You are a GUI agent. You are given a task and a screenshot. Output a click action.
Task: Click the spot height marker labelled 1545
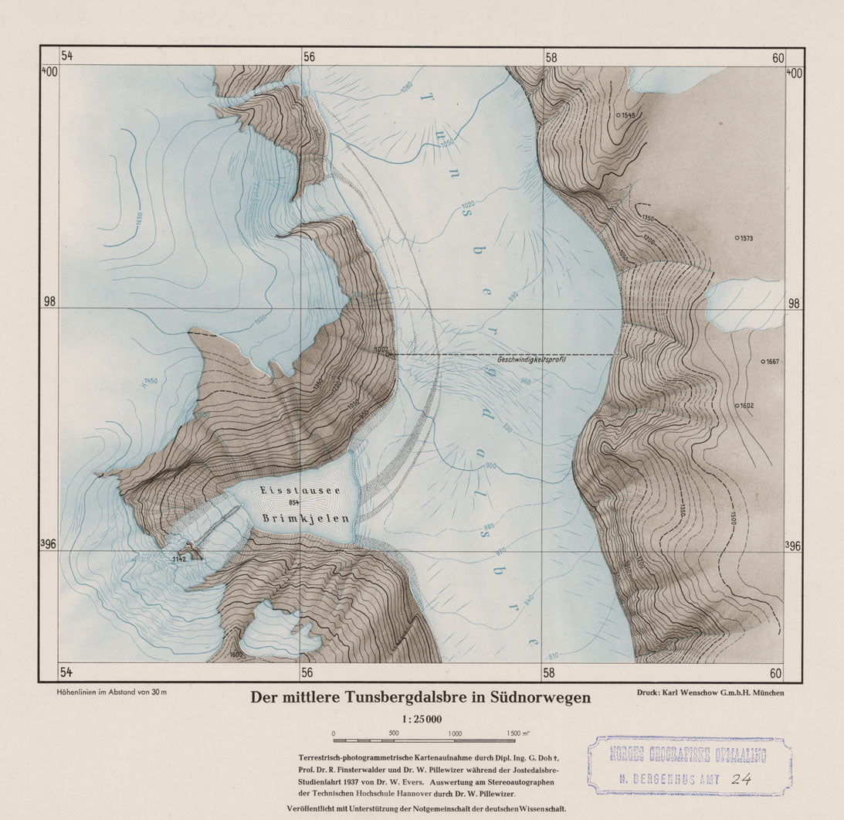click(618, 115)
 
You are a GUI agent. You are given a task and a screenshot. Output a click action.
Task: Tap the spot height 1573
click(737, 238)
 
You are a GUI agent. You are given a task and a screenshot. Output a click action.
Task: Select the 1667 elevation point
click(763, 361)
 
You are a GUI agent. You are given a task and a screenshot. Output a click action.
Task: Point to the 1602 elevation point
click(737, 405)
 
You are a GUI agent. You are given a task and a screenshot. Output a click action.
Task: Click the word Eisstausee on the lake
click(292, 490)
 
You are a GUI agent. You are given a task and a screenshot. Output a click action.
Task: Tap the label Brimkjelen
click(295, 519)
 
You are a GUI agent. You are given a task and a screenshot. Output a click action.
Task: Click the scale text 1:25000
click(421, 719)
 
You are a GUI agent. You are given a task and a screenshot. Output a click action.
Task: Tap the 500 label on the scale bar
click(393, 733)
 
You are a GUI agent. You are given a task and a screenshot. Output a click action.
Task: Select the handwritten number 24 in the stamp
click(741, 780)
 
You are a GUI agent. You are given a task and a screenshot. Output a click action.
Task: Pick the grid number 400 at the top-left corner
click(49, 72)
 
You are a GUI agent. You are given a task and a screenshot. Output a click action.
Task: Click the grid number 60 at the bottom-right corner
click(776, 674)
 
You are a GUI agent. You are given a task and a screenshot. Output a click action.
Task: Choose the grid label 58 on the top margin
click(551, 57)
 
